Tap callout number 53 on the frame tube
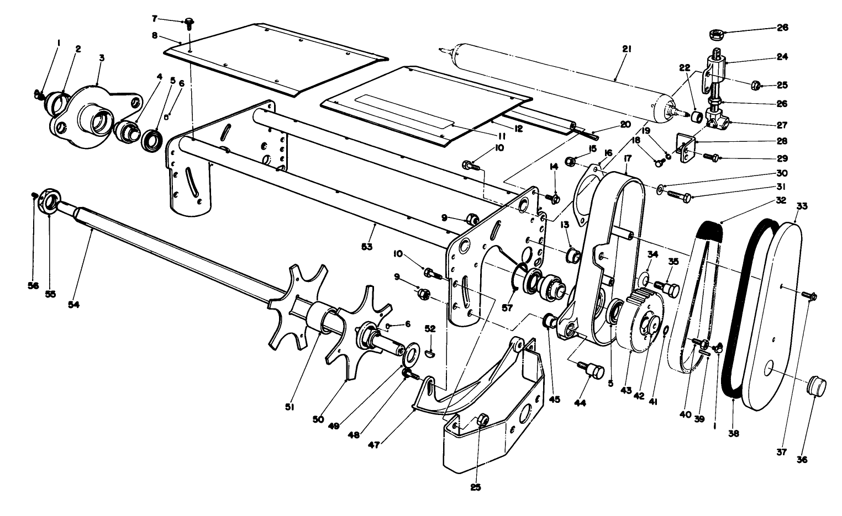[x=367, y=246]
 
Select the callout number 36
[x=802, y=459]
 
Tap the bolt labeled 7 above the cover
[x=190, y=23]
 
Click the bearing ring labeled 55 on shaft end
[x=49, y=202]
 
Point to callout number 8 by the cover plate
[x=156, y=35]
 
